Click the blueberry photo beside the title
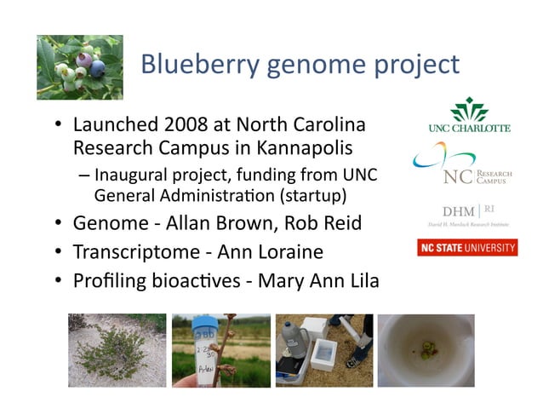point(80,67)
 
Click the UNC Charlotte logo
point(469,115)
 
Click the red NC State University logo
point(467,248)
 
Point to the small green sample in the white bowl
point(426,350)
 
